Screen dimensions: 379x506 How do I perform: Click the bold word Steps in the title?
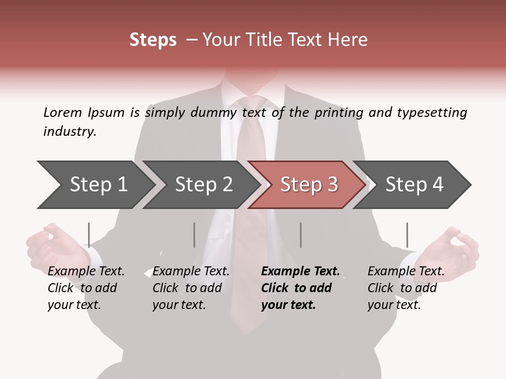(153, 40)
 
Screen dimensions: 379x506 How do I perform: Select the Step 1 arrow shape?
(95, 184)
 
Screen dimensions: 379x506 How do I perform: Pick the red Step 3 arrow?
(308, 184)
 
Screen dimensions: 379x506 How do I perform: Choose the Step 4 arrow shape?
(414, 184)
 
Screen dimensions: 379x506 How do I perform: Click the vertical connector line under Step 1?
(89, 235)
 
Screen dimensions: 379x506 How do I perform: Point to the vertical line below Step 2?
(194, 235)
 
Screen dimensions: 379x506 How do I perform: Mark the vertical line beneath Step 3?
(301, 235)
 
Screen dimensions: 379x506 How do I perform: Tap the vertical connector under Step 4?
(407, 235)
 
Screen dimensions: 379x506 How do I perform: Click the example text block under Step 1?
(86, 288)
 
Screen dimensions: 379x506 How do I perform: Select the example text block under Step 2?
(191, 288)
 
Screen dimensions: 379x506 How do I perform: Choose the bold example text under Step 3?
(300, 288)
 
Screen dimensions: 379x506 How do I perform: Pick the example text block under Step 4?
(406, 288)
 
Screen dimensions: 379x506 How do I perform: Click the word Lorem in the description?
(63, 112)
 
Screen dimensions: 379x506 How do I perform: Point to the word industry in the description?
(70, 132)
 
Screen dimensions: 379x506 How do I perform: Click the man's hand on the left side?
(53, 245)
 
